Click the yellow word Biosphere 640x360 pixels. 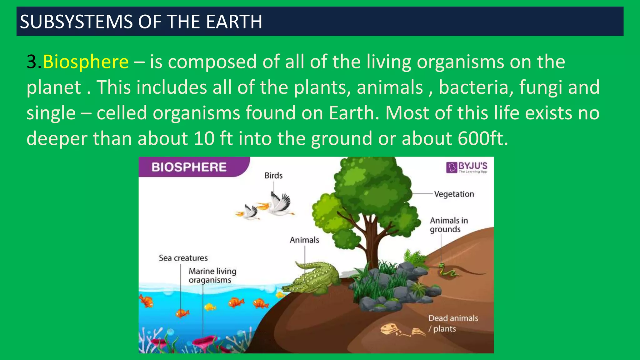pyautogui.click(x=86, y=62)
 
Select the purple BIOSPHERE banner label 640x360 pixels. pyautogui.click(x=189, y=167)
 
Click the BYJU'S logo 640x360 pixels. pyautogui.click(x=467, y=167)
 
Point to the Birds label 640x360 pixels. pyautogui.click(x=273, y=176)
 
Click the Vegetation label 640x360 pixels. pyautogui.click(x=454, y=194)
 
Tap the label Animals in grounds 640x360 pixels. pyautogui.click(x=448, y=225)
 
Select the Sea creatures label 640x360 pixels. pyautogui.click(x=183, y=258)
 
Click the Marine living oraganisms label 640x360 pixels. pyautogui.click(x=212, y=276)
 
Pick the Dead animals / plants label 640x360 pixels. pyautogui.click(x=453, y=323)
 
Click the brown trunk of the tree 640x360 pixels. pyautogui.click(x=372, y=244)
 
